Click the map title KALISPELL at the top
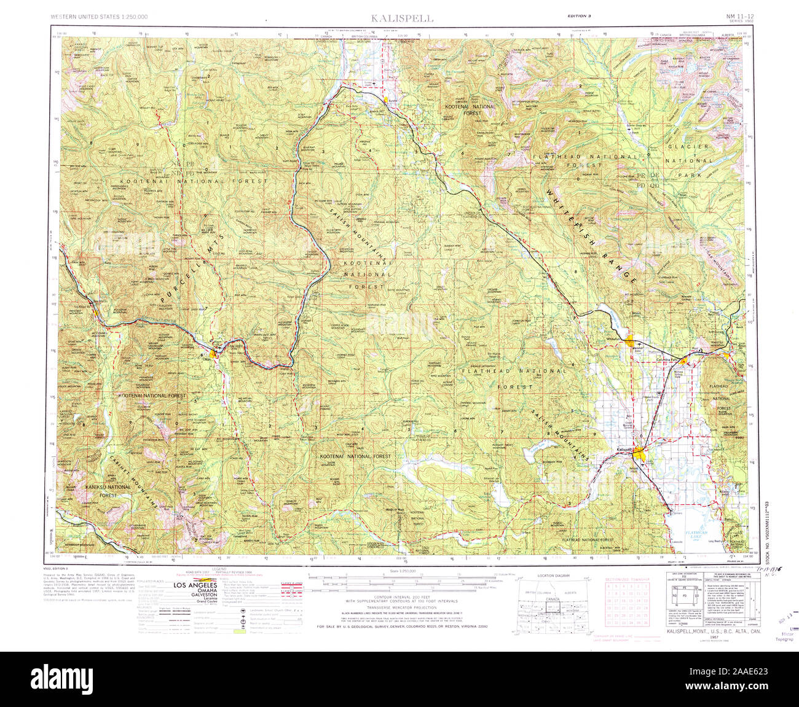coord(402,18)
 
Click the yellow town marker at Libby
coord(213,353)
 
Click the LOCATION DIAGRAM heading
coord(553,576)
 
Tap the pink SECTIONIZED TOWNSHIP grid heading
coord(628,579)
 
